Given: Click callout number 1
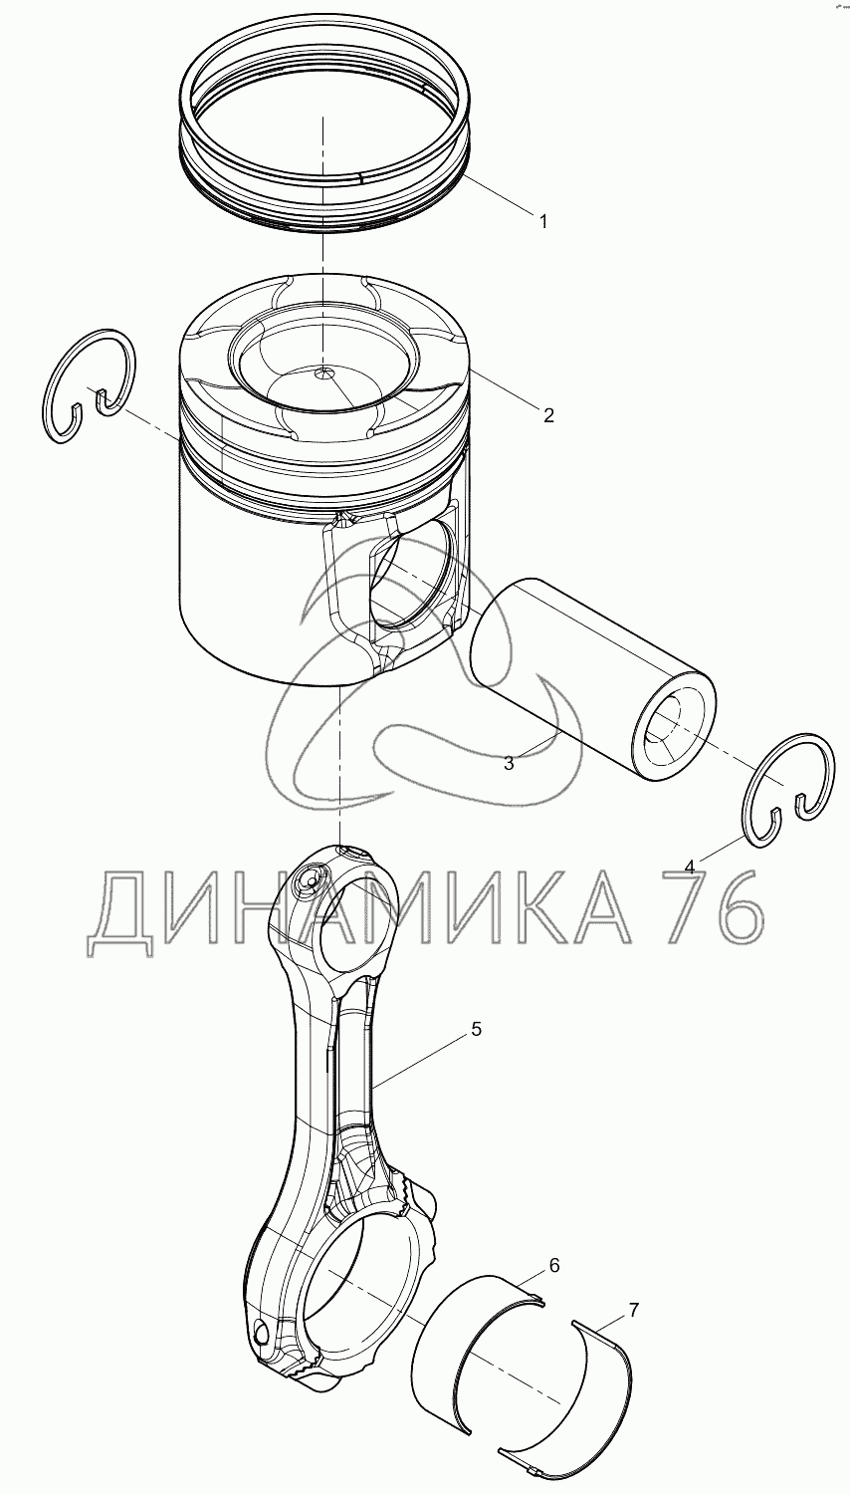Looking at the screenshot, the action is [543, 222].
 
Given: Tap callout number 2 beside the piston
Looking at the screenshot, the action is [548, 415].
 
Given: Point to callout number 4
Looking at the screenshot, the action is [690, 867].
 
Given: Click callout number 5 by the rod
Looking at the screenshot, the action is [476, 1029].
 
